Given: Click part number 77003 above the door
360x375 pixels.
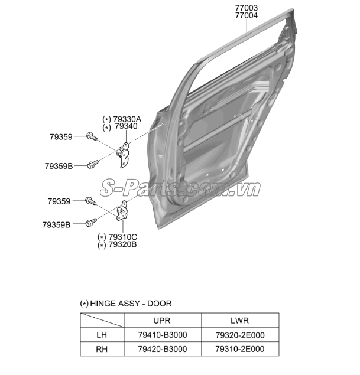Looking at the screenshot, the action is [247, 8].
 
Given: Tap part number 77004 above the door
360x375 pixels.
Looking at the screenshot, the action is [247, 15].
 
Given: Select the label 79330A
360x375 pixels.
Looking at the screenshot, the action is [127, 119].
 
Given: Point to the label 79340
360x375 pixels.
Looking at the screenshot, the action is [126, 126].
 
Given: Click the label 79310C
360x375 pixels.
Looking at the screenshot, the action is [123, 237].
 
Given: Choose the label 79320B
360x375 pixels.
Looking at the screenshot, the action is [123, 244].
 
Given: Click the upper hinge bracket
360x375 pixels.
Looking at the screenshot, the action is [124, 155].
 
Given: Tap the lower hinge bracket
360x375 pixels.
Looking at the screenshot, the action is [122, 211].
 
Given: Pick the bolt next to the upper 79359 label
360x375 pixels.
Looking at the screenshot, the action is [92, 136].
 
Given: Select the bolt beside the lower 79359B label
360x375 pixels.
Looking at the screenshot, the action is [91, 223].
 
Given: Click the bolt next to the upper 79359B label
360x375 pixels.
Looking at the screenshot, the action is [93, 164].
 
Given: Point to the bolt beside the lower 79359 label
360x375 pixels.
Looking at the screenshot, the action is [90, 201].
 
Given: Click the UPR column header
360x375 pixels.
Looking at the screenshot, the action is [162, 321].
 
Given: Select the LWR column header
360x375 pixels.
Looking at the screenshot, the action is [239, 321].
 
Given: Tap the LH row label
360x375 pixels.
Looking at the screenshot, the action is [102, 335].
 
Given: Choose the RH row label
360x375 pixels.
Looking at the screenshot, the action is [102, 349].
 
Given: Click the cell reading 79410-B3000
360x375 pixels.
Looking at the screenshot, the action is [163, 335].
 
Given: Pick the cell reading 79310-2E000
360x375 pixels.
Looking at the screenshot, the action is [240, 349].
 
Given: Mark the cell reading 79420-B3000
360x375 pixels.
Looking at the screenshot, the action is [163, 349].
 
